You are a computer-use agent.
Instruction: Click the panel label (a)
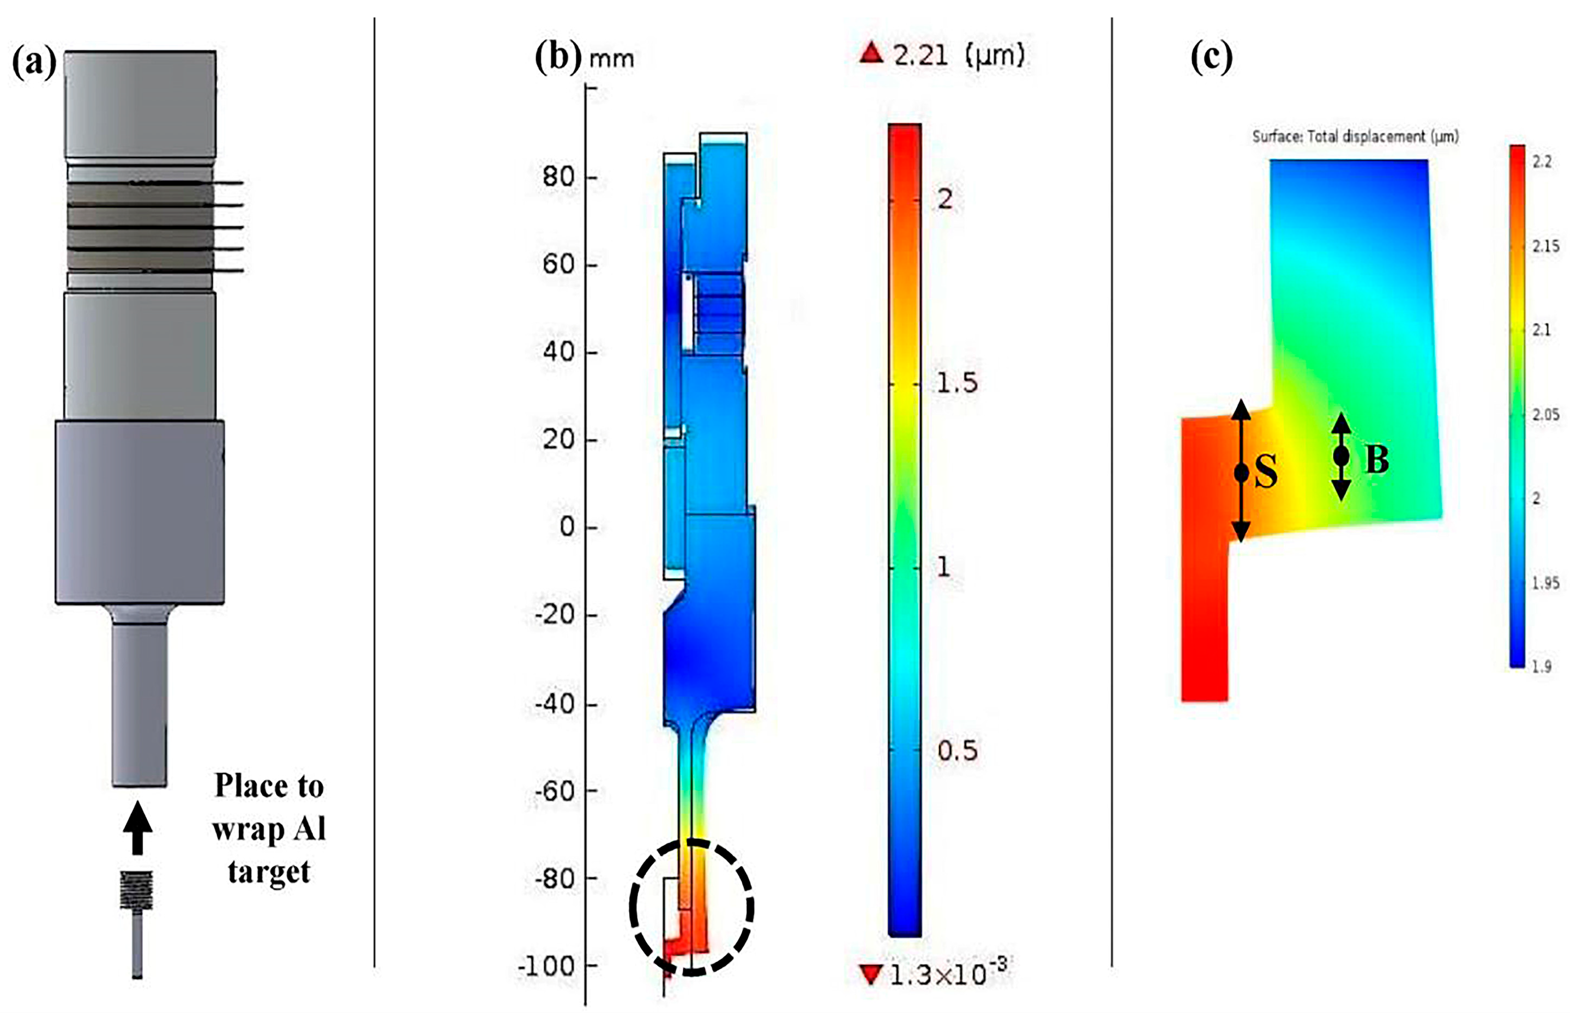[34, 64]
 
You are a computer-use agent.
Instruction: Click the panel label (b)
[558, 57]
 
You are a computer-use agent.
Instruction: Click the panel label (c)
[1211, 57]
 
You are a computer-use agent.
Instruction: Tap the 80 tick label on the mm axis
[558, 177]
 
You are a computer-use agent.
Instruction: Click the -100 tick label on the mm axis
[548, 966]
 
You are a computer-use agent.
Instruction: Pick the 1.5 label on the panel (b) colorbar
[957, 383]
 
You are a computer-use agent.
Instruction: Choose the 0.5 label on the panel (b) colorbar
[957, 751]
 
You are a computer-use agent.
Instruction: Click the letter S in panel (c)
[1265, 471]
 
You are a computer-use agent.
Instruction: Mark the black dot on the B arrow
[1341, 456]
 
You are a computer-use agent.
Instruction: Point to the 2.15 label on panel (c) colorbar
[1545, 246]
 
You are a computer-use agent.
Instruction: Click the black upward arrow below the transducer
[137, 827]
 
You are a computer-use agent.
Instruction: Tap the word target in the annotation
[269, 872]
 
